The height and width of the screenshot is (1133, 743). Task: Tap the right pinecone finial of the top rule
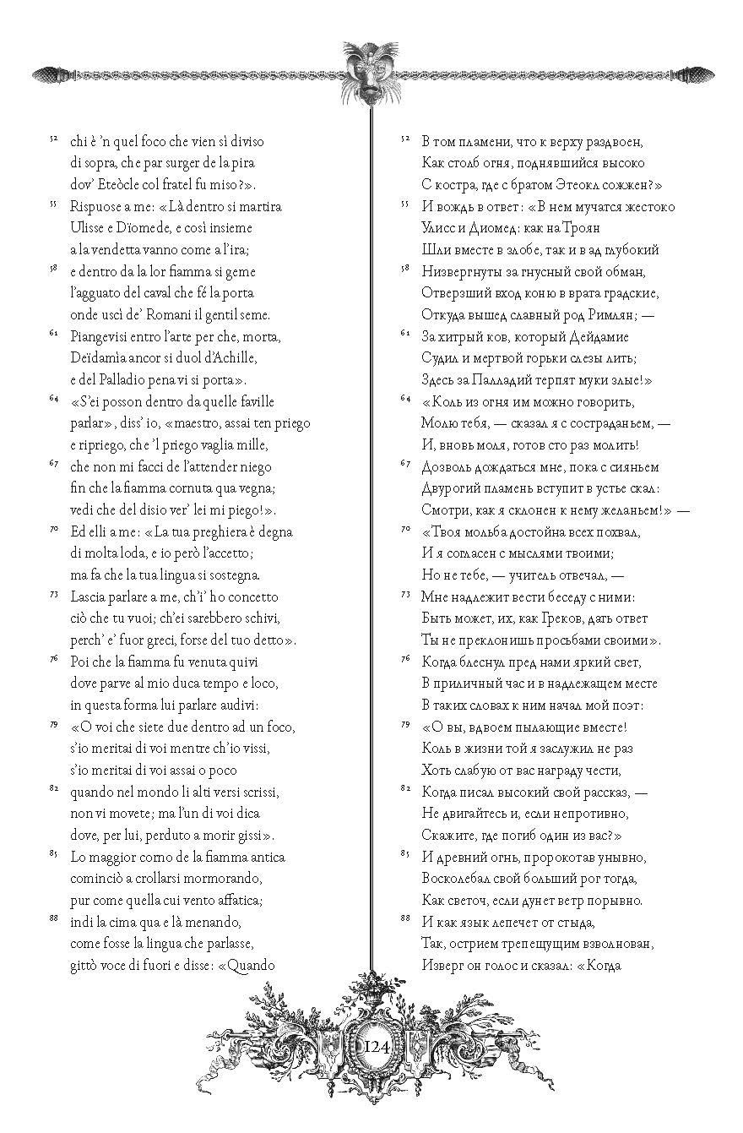(693, 74)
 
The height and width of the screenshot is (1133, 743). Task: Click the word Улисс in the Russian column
(437, 228)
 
